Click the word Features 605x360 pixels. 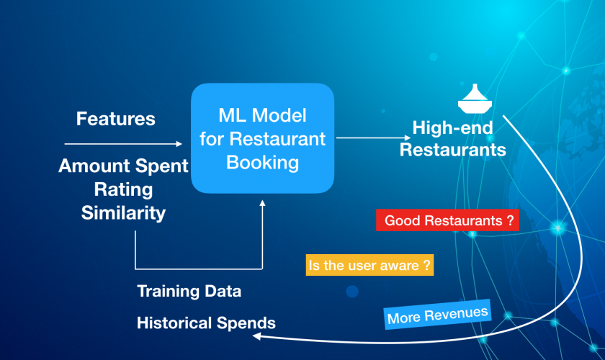tap(116, 119)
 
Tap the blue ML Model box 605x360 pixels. tap(262, 138)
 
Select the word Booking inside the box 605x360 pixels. tap(262, 163)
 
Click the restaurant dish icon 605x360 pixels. tap(475, 99)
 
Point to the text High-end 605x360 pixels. tap(452, 127)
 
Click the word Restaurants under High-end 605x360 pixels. tap(452, 150)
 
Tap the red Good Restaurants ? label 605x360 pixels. tap(447, 220)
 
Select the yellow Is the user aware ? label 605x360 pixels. tap(369, 265)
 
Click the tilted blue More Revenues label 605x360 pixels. tap(438, 315)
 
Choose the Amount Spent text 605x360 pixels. tap(123, 166)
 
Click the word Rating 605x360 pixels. tap(123, 190)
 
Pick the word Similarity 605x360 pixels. tap(123, 213)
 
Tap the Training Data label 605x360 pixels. tap(189, 292)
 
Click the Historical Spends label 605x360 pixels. tap(207, 323)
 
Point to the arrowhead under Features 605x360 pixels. tap(179, 144)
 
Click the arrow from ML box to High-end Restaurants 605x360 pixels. tap(374, 138)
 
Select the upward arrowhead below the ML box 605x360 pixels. tap(262, 203)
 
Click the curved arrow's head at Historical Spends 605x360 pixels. tap(256, 336)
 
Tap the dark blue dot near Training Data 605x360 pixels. tap(352, 292)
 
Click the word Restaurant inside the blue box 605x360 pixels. tap(277, 139)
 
